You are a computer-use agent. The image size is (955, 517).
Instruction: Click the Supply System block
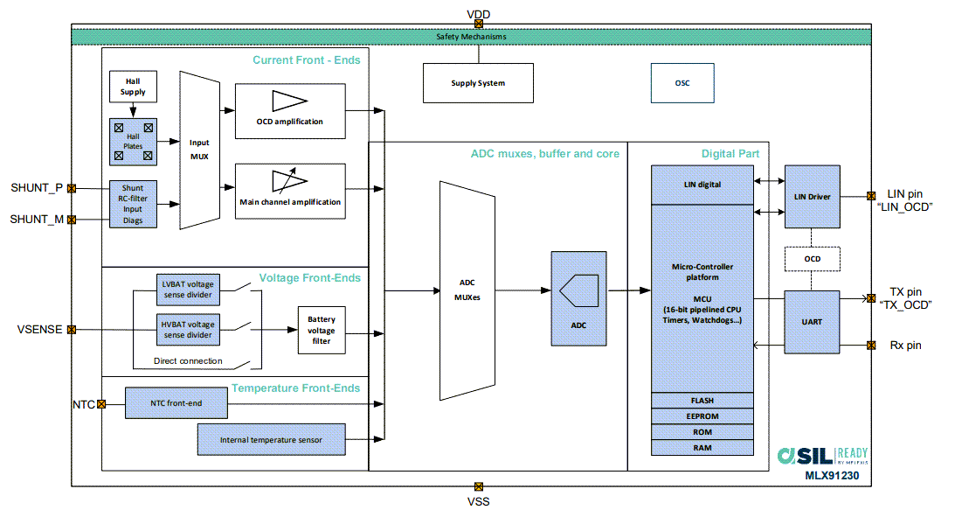pos(478,83)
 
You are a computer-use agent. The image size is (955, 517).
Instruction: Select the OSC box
pos(682,83)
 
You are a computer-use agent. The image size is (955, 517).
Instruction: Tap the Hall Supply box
pos(133,87)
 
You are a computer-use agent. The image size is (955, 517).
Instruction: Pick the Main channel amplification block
pos(289,190)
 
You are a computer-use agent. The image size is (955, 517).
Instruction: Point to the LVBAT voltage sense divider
pos(188,288)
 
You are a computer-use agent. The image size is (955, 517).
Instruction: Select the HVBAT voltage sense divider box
pos(188,330)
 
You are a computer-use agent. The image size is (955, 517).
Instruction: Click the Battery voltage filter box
pos(322,331)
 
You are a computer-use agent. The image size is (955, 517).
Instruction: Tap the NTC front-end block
pos(176,403)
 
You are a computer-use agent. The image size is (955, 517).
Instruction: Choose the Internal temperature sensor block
pos(270,439)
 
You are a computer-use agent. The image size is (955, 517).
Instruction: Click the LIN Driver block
pos(812,196)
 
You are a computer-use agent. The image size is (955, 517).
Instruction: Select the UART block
pos(812,322)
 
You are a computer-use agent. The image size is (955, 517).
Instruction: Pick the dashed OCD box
pos(812,259)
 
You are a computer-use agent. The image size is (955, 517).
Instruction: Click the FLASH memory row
pos(702,401)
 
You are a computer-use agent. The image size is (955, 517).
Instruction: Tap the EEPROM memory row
pos(702,416)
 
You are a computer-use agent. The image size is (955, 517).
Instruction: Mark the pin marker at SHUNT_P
pos(72,188)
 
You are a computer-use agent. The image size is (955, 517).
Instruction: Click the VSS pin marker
pos(478,486)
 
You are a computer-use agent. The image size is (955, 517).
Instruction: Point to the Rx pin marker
pos(870,346)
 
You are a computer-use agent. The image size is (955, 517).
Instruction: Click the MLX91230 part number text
pos(835,476)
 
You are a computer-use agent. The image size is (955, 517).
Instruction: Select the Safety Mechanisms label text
pos(471,37)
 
